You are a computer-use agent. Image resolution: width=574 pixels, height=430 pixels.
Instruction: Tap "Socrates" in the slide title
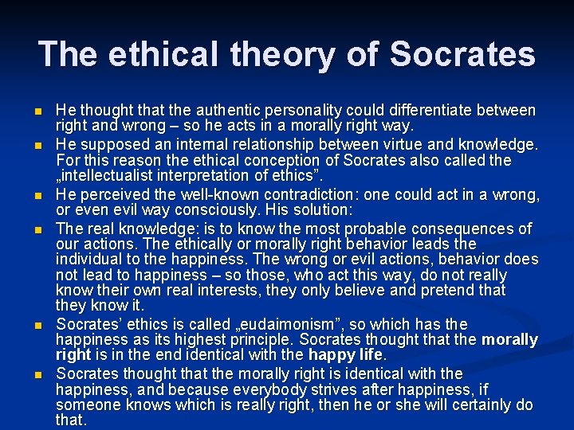pyautogui.click(x=464, y=54)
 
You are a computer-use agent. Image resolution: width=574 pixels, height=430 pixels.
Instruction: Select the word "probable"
pyautogui.click(x=364, y=229)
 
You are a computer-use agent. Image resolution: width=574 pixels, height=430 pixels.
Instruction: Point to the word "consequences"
pyautogui.click(x=466, y=229)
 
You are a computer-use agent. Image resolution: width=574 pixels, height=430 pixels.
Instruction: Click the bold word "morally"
pyautogui.click(x=511, y=340)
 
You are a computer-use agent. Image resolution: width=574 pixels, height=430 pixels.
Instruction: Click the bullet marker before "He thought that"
pyautogui.click(x=38, y=111)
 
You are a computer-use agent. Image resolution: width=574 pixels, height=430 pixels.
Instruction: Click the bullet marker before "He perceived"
pyautogui.click(x=38, y=195)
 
